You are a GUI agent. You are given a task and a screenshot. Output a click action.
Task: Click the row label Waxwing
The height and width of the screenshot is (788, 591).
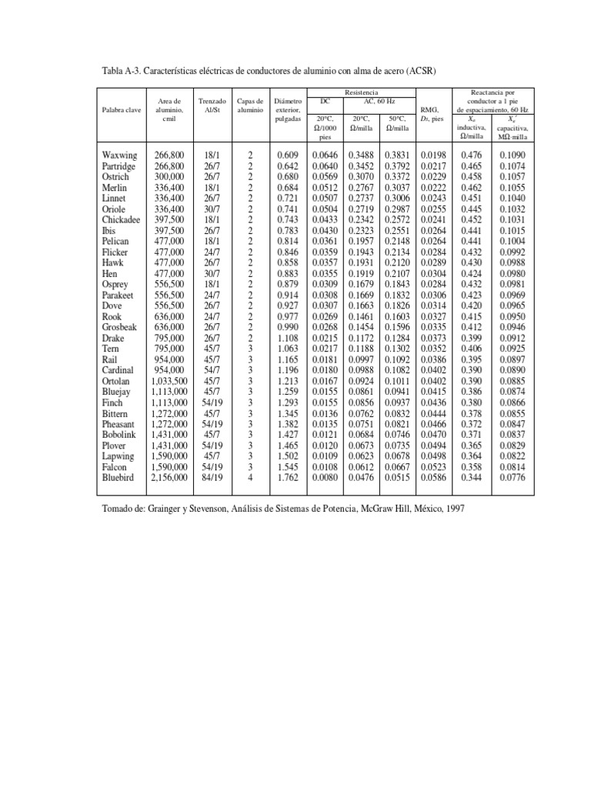tap(119, 155)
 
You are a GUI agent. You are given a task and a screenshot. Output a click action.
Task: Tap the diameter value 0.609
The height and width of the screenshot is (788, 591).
tap(286, 155)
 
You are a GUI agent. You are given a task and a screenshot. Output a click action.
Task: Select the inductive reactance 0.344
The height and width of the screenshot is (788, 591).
tap(471, 478)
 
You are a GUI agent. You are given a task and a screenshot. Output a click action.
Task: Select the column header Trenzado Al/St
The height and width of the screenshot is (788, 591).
tap(212, 105)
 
